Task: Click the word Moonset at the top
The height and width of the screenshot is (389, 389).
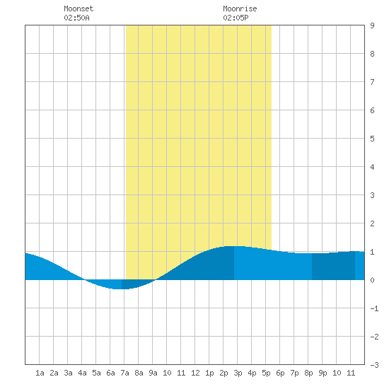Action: pos(79,8)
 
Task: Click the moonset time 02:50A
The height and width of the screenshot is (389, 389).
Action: pos(76,18)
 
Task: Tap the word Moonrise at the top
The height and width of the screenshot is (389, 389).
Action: pos(240,8)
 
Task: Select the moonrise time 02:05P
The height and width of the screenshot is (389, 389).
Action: pos(236,18)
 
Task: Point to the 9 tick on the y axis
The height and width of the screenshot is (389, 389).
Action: pos(372,25)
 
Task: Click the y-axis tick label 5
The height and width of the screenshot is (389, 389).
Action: pos(372,139)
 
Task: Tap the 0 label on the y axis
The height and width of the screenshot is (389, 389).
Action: pos(372,280)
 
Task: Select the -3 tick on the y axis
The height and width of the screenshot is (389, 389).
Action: pos(374,365)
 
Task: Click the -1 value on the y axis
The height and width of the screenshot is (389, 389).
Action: pos(374,308)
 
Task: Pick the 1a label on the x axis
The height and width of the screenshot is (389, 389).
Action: pos(40,373)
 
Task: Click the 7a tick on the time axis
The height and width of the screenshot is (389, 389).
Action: pos(124,373)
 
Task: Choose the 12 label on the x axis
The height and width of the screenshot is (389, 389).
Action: pos(195,373)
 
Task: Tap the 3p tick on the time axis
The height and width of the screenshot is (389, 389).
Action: pos(238,373)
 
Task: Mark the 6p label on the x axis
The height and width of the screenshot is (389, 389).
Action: pos(280,373)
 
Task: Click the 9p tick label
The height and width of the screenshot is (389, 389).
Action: pos(323,373)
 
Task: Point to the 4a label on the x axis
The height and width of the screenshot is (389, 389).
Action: pos(82,373)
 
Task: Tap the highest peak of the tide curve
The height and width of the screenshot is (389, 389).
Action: pos(234,246)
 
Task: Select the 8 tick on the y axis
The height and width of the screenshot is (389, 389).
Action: pos(372,54)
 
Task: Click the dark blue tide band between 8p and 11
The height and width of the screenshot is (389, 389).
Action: pos(333,266)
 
